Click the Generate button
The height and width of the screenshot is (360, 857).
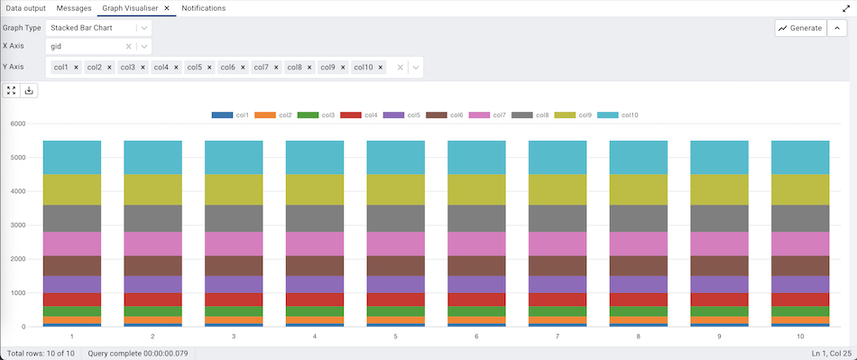(799, 28)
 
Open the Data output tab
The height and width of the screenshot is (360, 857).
(25, 8)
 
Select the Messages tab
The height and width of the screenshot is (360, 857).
(74, 8)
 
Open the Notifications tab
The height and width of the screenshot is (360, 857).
(203, 8)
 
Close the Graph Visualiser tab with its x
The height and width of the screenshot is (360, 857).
(167, 8)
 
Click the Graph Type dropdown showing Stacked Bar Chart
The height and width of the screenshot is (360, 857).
(99, 28)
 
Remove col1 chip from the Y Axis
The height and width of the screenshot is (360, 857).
(76, 67)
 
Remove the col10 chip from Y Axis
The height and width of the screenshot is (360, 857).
(381, 67)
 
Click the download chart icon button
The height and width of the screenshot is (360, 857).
(29, 90)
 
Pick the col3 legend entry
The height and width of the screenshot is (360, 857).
(319, 115)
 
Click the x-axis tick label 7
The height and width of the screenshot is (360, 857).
(558, 336)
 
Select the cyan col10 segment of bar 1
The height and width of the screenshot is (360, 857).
(71, 157)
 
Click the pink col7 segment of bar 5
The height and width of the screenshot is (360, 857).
(396, 244)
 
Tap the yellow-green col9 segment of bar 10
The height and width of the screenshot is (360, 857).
(800, 189)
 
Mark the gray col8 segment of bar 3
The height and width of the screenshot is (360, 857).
(234, 218)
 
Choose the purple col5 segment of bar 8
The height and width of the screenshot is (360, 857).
(639, 283)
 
